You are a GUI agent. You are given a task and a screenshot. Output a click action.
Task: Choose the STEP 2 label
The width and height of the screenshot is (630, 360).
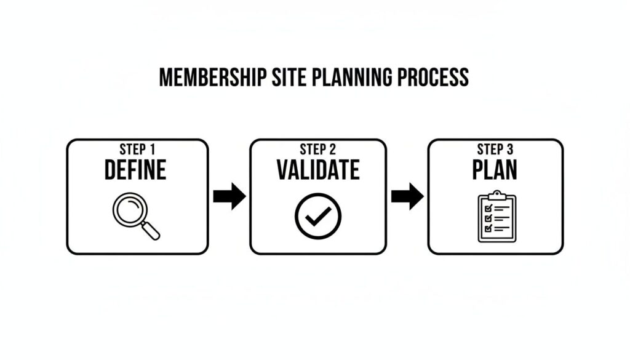click(317, 150)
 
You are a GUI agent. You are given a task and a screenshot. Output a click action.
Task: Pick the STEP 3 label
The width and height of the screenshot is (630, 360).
click(495, 150)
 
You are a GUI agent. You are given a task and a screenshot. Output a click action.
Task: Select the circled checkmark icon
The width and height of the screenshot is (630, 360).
click(317, 215)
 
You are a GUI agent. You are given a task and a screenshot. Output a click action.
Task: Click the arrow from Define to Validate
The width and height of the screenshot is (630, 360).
click(229, 196)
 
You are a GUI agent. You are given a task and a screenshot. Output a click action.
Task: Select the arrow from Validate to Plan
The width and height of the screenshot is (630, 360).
click(407, 196)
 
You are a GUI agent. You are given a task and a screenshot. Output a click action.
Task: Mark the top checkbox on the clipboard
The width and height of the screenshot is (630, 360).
click(488, 208)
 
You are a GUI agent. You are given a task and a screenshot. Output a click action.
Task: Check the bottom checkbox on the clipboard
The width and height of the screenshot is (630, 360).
click(488, 229)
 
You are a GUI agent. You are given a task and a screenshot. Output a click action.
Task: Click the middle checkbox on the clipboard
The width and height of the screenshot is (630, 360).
click(488, 218)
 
